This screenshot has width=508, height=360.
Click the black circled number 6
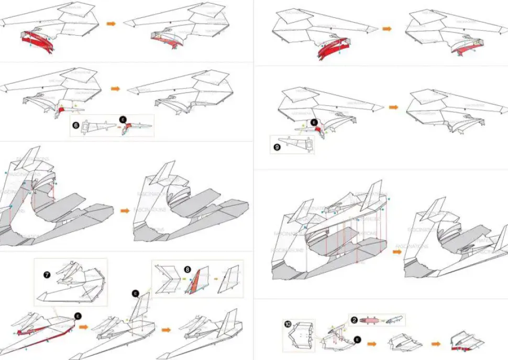(x=76, y=126)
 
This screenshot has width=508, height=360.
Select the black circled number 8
(x=187, y=269)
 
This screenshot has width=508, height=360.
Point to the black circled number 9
(x=277, y=147)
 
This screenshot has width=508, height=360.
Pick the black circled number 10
(x=288, y=325)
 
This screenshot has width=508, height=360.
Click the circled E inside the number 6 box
(x=124, y=119)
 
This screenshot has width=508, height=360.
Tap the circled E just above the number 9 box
(x=314, y=123)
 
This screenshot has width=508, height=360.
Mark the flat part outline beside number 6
(x=97, y=126)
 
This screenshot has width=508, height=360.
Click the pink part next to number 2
(x=371, y=320)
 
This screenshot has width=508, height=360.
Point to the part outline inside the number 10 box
(x=300, y=335)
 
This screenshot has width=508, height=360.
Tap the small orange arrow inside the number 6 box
(x=117, y=126)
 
